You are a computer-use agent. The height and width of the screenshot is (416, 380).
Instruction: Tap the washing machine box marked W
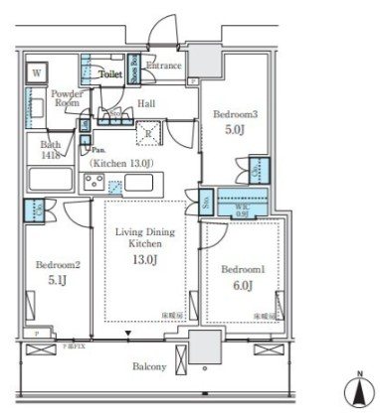[x=37, y=72]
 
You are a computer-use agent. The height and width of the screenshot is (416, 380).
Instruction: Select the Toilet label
[x=110, y=73]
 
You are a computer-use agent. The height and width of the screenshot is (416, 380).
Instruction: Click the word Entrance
[x=164, y=67]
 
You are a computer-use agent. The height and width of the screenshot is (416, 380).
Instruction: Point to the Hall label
[x=146, y=102]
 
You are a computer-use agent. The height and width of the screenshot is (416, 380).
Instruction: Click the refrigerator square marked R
[x=149, y=133]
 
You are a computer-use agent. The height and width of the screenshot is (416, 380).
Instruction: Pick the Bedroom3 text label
[x=232, y=114]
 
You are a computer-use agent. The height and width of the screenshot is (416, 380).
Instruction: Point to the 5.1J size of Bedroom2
[x=56, y=280]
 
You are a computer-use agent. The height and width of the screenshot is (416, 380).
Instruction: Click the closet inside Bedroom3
[x=258, y=168]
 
